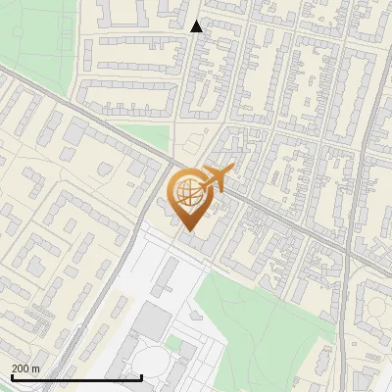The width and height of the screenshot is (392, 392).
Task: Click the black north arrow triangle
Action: (x=196, y=26)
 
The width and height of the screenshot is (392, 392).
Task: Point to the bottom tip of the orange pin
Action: (x=188, y=231)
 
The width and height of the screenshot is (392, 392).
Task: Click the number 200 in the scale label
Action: (x=21, y=367)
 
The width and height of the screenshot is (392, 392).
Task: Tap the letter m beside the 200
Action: (x=36, y=367)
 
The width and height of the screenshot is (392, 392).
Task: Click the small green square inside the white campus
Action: (x=173, y=343)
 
